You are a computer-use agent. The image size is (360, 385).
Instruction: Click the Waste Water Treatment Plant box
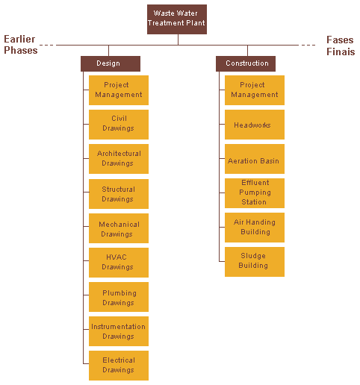click(177, 19)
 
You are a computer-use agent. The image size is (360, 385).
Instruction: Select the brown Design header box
click(111, 63)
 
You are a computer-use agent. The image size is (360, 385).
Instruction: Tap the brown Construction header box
click(246, 63)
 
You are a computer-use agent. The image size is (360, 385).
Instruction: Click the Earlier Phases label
click(21, 45)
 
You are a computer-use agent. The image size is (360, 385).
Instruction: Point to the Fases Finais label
click(341, 46)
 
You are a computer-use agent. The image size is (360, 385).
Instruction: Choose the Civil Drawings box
click(119, 125)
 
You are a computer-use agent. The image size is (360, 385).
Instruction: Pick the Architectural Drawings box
click(119, 159)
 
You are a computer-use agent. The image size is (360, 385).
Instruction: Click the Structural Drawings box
click(119, 194)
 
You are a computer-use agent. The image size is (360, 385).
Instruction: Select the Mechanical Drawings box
click(119, 228)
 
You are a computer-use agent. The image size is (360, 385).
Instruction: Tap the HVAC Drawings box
click(119, 263)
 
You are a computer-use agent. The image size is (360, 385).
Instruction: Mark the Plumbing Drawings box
click(119, 297)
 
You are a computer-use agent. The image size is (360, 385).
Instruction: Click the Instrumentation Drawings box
click(119, 331)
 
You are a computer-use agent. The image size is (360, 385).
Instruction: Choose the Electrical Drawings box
click(119, 366)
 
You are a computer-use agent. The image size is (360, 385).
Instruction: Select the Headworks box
click(255, 125)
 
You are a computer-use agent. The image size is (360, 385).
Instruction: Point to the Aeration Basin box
click(255, 159)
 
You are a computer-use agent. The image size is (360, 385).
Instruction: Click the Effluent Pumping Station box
click(255, 193)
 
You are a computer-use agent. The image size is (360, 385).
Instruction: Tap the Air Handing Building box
click(255, 228)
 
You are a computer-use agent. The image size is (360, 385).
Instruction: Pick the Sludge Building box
click(255, 262)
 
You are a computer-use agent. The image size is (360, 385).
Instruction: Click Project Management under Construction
click(255, 90)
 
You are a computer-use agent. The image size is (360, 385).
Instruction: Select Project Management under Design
click(119, 90)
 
